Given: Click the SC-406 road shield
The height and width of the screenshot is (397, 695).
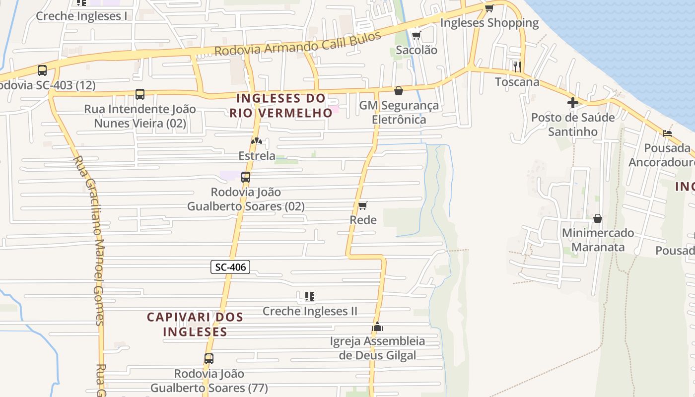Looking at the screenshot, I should coord(230,267).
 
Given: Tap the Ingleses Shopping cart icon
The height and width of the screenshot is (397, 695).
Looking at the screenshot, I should coord(489,8).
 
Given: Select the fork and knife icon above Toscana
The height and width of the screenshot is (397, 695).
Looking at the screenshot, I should coord(517,66).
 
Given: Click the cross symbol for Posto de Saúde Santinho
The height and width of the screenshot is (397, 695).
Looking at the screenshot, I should coord(573,103).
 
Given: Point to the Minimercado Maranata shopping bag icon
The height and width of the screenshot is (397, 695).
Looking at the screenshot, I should coord(598,218).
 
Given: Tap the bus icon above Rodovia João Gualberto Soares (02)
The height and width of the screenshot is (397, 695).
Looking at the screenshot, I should coord(245,177).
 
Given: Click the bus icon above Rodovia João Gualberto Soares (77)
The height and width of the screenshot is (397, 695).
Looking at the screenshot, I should coord(209,358).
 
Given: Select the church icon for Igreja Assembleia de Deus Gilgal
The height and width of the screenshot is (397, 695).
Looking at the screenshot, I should coord(377,327).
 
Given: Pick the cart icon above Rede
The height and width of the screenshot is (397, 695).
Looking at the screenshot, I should coord(363,205).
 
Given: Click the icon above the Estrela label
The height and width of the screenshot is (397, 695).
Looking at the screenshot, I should coord(256,141).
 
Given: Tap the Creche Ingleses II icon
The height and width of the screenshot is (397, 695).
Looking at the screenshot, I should coord(310,296).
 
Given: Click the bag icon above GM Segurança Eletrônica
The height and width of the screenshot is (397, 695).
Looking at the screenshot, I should coord(398,91).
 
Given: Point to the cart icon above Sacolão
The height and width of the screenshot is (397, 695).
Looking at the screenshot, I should coord(416,35).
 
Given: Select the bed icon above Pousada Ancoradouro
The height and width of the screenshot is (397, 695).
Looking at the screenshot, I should coord(667,133).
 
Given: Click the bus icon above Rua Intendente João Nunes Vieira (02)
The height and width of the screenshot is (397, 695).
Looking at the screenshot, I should coord(140,94).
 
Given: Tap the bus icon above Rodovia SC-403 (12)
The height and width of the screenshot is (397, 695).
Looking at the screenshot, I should coord(42,70).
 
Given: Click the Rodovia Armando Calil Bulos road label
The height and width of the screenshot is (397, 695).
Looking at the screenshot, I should coord(297,44).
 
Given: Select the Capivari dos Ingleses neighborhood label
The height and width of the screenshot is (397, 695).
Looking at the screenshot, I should coord(195,324).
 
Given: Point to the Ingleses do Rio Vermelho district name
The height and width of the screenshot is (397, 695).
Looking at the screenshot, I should coord(280,106).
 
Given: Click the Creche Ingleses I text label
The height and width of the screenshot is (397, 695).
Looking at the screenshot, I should coord(81,16).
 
